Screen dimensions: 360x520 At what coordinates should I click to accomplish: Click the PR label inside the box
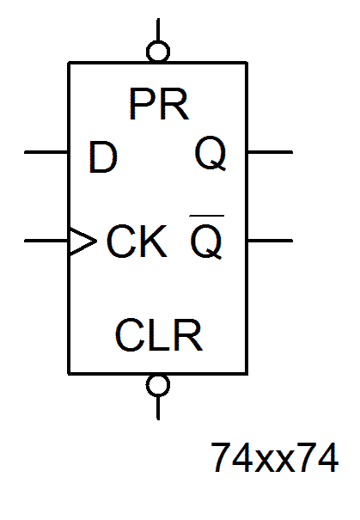click(x=159, y=104)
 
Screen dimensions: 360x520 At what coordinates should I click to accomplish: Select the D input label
click(x=103, y=157)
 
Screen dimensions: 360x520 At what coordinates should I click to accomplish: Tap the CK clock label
click(x=137, y=242)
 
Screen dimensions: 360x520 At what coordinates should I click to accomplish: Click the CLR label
click(x=159, y=334)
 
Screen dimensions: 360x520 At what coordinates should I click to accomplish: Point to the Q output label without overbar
click(x=211, y=154)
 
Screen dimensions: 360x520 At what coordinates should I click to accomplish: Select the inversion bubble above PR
click(x=158, y=52)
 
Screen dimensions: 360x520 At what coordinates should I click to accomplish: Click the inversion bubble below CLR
click(x=158, y=385)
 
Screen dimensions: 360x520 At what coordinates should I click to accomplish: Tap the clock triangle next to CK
click(x=82, y=242)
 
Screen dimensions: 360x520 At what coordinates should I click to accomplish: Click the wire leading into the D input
click(x=46, y=152)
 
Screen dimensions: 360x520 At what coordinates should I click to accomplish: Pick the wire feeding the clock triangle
click(x=46, y=241)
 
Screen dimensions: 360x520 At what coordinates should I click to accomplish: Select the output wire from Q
click(x=270, y=152)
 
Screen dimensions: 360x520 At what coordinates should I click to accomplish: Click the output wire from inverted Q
click(x=270, y=241)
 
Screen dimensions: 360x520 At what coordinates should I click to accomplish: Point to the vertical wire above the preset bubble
click(x=158, y=30)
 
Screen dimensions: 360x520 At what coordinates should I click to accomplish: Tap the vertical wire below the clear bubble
click(x=158, y=408)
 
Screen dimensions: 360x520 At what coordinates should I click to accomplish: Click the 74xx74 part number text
click(x=275, y=458)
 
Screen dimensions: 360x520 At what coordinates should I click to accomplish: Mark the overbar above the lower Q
click(x=207, y=216)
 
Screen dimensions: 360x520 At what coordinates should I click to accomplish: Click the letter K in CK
click(x=153, y=242)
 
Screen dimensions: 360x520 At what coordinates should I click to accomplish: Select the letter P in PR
click(x=142, y=105)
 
